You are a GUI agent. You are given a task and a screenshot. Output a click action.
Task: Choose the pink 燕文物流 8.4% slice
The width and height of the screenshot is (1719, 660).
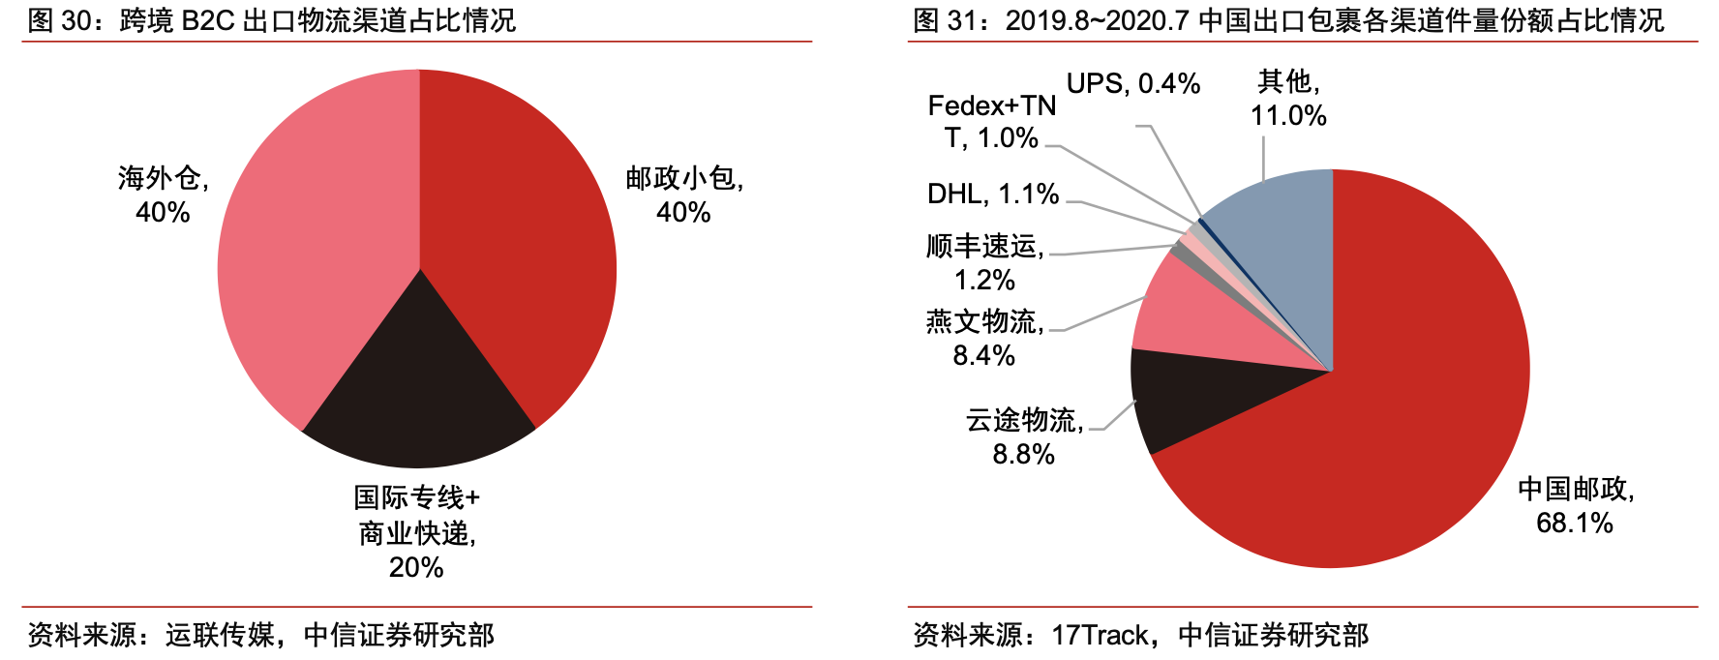tap(1210, 319)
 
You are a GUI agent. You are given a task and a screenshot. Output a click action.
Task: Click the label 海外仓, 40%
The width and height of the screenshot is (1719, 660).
tap(163, 195)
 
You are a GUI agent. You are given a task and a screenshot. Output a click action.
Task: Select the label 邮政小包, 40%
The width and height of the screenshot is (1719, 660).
tap(684, 195)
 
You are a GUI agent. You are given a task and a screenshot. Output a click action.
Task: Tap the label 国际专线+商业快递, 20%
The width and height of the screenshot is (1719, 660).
tap(416, 532)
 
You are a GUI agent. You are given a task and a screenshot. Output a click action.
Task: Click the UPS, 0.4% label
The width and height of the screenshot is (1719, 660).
tap(1132, 84)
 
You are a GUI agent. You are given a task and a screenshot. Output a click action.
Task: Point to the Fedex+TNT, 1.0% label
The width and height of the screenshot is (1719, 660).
tap(991, 121)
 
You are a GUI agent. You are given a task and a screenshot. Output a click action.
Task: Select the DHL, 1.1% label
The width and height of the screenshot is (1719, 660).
tap(992, 194)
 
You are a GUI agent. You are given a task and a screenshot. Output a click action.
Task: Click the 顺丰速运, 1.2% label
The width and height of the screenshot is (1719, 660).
tap(984, 262)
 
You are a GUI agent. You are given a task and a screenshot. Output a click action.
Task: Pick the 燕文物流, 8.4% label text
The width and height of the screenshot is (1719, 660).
tap(984, 338)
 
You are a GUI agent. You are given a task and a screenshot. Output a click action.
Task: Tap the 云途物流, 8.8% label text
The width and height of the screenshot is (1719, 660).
tap(1024, 436)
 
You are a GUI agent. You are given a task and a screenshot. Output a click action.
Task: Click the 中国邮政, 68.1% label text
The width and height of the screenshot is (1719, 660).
tap(1575, 505)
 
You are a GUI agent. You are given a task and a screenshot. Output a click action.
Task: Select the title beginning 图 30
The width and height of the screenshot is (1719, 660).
tap(272, 20)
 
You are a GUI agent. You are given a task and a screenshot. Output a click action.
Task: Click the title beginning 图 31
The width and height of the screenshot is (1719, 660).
tap(1287, 20)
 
